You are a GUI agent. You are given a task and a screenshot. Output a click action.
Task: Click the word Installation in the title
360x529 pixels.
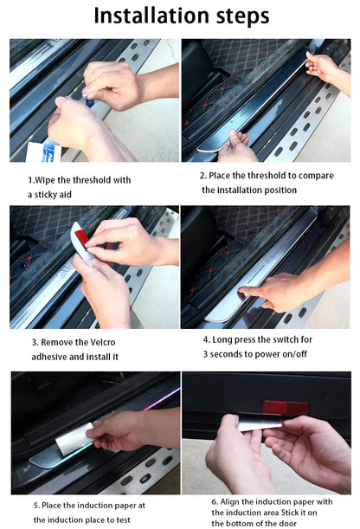click(x=151, y=16)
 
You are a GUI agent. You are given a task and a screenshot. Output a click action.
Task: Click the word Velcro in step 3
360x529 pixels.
click(x=101, y=342)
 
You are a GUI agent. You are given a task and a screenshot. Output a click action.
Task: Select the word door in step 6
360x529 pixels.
click(x=287, y=523)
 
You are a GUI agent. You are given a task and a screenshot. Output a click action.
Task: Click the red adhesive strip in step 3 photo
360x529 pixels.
click(x=81, y=238)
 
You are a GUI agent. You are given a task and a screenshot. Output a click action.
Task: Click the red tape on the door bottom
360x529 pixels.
click(x=286, y=408)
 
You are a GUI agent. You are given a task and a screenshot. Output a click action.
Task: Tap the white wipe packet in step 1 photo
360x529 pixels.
click(x=44, y=152)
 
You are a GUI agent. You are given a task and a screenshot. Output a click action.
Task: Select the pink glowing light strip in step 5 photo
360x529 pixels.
click(x=162, y=399)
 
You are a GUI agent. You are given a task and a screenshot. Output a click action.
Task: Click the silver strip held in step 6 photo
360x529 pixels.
click(x=260, y=425)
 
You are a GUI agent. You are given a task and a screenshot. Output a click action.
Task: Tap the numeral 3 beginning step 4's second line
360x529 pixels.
click(x=205, y=354)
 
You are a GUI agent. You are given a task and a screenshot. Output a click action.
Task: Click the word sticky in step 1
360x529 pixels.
click(x=47, y=195)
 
